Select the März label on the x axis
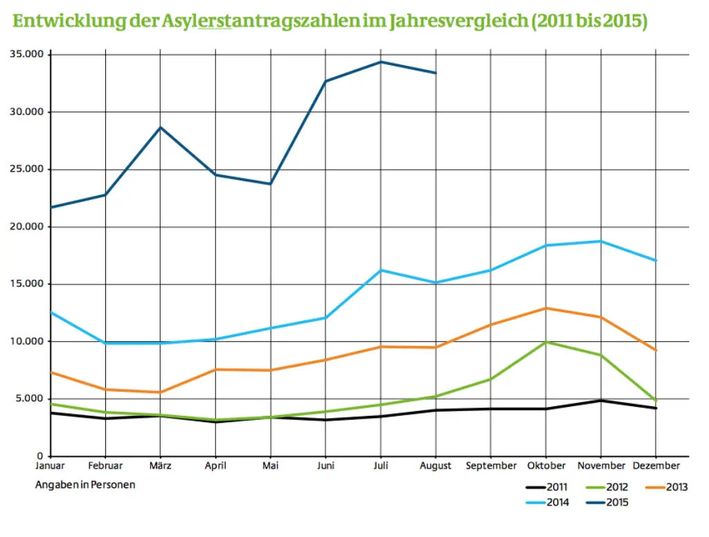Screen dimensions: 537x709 point(160,466)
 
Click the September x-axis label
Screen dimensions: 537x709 point(490,466)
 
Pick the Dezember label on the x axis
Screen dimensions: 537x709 point(656,466)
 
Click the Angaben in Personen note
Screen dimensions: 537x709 point(85,484)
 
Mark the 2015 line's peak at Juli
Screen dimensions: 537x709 point(380,62)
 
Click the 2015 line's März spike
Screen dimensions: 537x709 point(160,127)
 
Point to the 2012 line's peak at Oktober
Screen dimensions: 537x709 point(546,342)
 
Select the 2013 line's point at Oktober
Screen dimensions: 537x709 point(546,308)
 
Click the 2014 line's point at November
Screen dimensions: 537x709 point(600,241)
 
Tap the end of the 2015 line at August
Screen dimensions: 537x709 point(435,73)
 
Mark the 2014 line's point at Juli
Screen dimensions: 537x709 point(380,270)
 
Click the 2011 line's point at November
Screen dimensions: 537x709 point(600,401)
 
